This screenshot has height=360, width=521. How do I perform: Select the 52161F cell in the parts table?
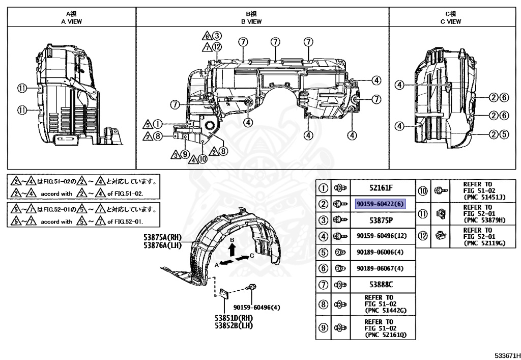(x=381, y=188)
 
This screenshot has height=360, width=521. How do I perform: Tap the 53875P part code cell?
(x=381, y=220)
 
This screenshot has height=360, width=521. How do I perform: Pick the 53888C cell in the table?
(x=381, y=285)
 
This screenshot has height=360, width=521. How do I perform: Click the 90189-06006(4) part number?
(x=380, y=252)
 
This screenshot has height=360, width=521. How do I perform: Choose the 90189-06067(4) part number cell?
(x=380, y=268)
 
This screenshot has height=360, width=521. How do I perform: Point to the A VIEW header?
(x=71, y=21)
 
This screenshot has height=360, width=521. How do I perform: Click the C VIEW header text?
(x=451, y=21)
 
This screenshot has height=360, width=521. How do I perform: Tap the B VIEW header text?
(x=251, y=21)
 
